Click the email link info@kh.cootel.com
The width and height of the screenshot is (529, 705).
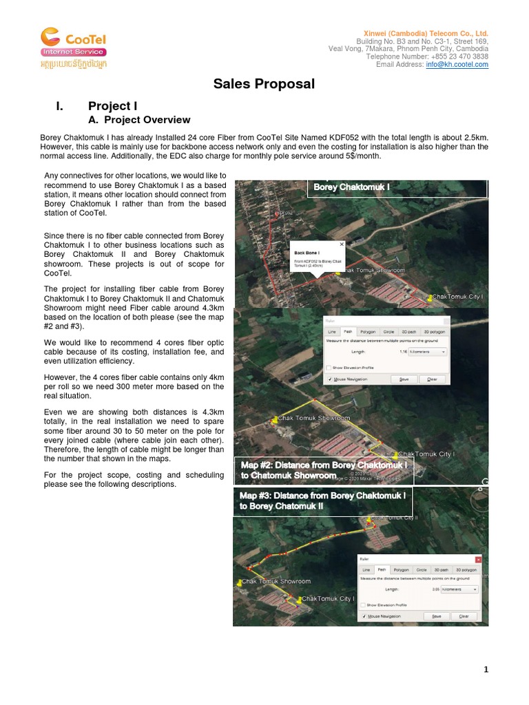457,65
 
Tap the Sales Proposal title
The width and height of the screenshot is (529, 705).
264,84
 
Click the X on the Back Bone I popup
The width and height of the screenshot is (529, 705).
342,244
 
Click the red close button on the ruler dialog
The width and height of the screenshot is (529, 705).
478,560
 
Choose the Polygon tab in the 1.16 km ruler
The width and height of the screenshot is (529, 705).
368,332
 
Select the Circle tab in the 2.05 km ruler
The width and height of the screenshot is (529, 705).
421,570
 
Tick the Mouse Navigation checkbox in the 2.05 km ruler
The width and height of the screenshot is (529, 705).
364,616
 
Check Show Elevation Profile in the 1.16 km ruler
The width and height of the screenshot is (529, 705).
329,368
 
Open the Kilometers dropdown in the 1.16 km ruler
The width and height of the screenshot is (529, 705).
427,351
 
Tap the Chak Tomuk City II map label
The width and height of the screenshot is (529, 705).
394,517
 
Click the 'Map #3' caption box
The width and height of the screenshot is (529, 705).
322,501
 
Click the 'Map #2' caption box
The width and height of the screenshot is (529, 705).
324,470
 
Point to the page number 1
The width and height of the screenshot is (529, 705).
486,669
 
